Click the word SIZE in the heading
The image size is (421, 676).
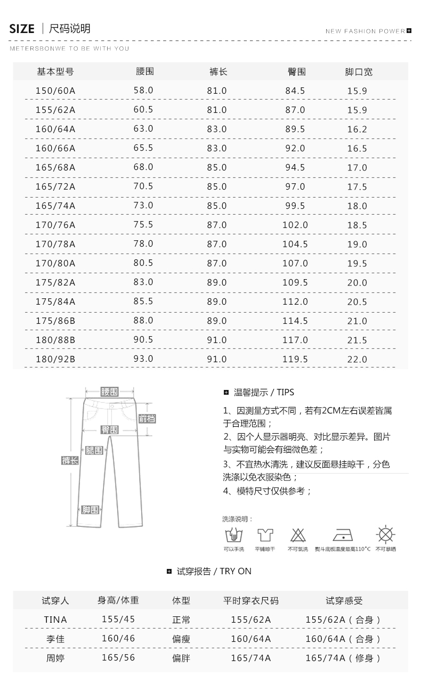pos(22,29)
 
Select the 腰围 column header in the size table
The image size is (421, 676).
pos(145,71)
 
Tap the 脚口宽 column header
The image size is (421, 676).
pos(359,72)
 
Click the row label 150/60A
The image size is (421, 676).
pos(55,91)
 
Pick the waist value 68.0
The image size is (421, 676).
pos(143,167)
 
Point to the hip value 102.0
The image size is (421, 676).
pos(295,225)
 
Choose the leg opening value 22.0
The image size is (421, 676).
pos(357,359)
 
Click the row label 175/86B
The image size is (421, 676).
pos(55,321)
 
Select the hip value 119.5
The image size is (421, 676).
pos(295,359)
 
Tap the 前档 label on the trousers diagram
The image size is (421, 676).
pos(147,419)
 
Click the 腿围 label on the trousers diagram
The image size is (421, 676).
pos(94,451)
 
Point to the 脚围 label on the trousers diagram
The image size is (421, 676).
pos(90,510)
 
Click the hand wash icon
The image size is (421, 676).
pos(234,535)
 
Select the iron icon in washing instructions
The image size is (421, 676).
pos(343,535)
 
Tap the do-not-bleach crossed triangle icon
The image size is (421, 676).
pos(298,535)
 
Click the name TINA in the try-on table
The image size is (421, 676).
pos(55,620)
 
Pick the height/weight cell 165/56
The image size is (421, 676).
pos(118,657)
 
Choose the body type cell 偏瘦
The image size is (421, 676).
pos(181,639)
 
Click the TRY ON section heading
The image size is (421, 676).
pos(214,571)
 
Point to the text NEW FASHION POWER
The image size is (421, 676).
pos(365,31)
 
